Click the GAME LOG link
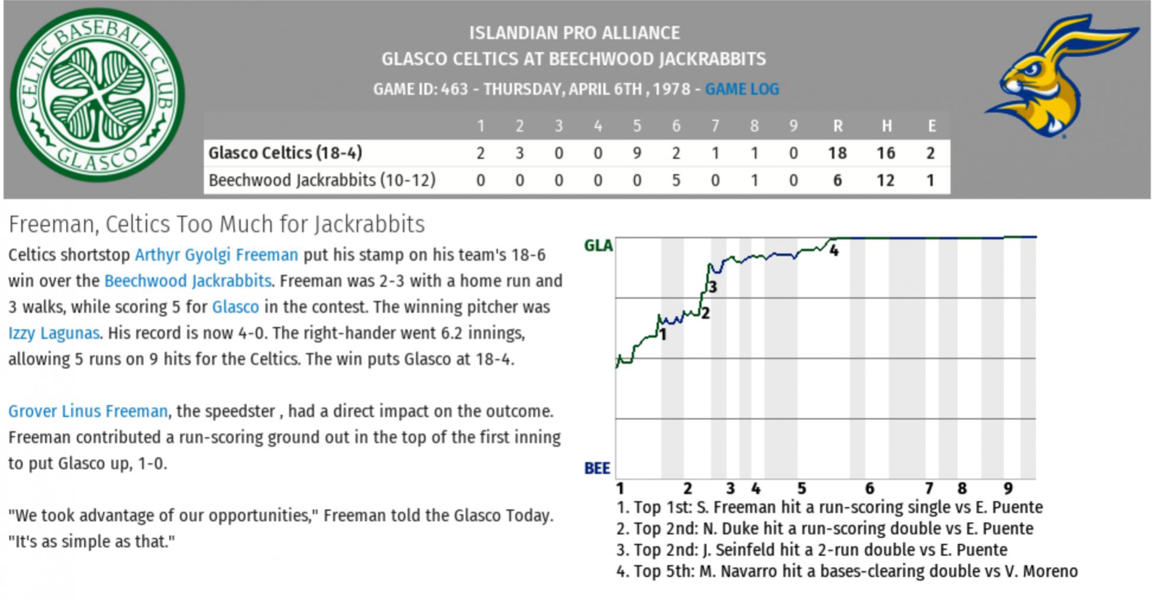tap(742, 89)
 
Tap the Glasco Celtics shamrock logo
tap(97, 95)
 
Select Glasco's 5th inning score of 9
tap(637, 153)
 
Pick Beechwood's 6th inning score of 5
tap(676, 180)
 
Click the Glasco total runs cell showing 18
tap(837, 153)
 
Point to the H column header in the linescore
tap(886, 126)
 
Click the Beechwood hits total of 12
tap(885, 180)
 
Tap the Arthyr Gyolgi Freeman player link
tap(216, 255)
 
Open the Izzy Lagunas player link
tap(53, 333)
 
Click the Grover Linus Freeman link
tap(88, 412)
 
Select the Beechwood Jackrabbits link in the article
tap(187, 281)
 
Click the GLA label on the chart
tap(598, 245)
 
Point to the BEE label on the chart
tap(597, 468)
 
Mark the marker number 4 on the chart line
tap(834, 251)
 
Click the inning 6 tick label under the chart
tap(869, 489)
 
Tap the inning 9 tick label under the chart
tap(1008, 489)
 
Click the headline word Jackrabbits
tap(369, 225)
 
